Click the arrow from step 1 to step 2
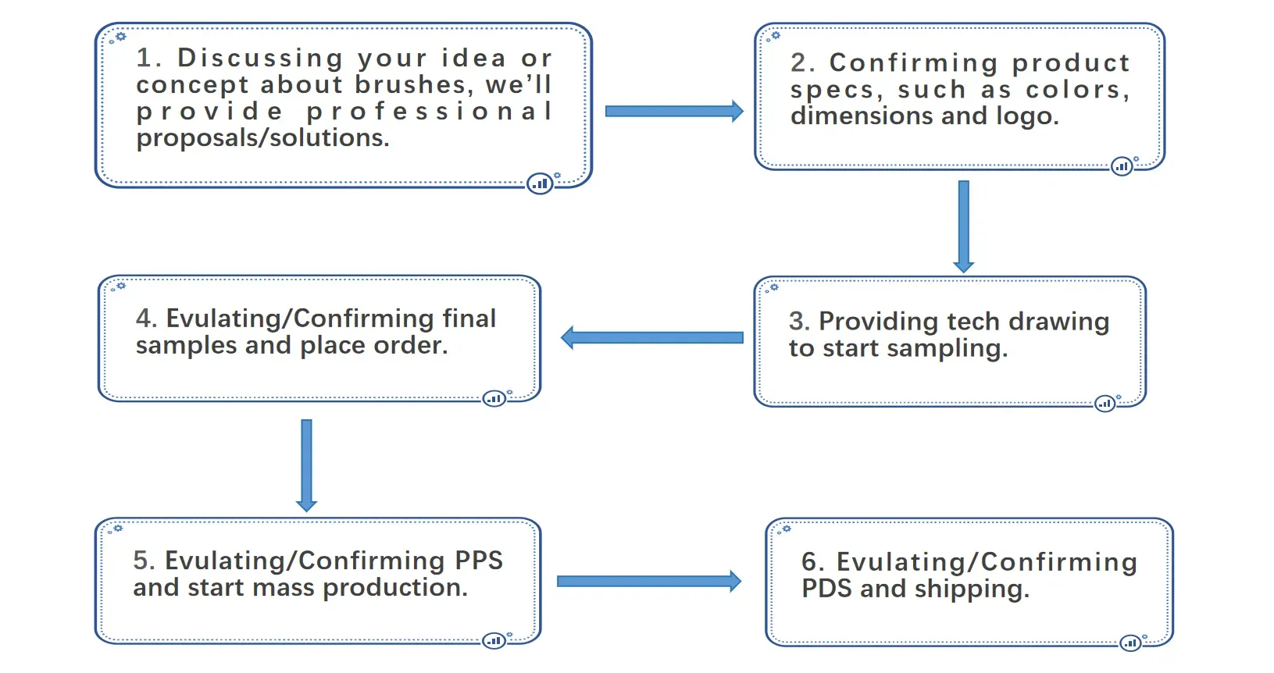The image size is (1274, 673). (x=674, y=111)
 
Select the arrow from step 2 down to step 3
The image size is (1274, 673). (x=963, y=226)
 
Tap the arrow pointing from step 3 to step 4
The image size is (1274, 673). (x=651, y=337)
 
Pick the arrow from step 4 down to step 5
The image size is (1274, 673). (x=306, y=465)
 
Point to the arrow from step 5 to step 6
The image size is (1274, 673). (x=649, y=581)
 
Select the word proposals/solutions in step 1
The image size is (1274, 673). (x=262, y=138)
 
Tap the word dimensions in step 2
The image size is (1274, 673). (x=861, y=116)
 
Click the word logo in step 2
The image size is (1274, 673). (x=1027, y=117)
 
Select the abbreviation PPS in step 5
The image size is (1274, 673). (x=478, y=561)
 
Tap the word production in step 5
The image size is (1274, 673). (x=395, y=588)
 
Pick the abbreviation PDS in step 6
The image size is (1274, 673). (x=826, y=589)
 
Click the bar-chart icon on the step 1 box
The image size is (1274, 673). (x=540, y=183)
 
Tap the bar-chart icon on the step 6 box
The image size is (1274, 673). (x=1131, y=643)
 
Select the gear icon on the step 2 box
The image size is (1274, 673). (x=776, y=36)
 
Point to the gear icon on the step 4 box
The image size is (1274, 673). (x=121, y=286)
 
